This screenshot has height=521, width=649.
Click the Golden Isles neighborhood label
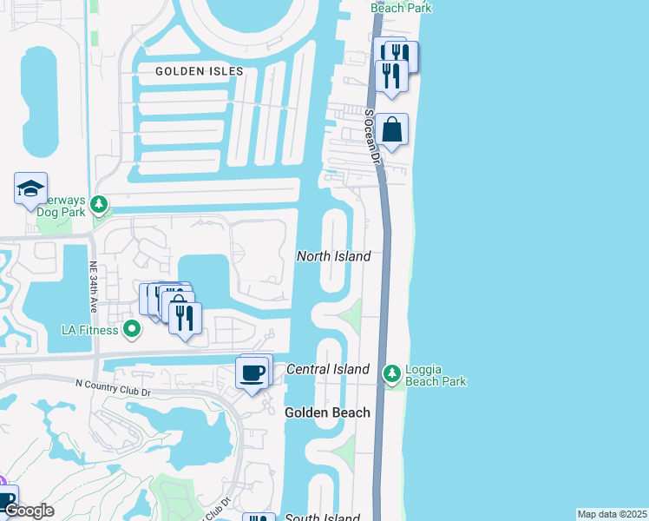199,71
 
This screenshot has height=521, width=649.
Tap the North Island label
334,256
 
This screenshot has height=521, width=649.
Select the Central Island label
328,369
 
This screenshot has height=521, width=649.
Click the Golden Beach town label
327,412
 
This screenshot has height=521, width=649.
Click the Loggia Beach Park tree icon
393,374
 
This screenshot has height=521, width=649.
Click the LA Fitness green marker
132,329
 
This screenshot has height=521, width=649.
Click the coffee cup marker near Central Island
252,373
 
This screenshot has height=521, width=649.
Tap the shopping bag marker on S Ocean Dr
391,130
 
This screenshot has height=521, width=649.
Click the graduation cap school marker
30,188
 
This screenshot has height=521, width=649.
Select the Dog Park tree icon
101,205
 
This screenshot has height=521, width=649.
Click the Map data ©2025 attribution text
612,514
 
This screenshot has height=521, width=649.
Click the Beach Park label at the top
402,7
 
